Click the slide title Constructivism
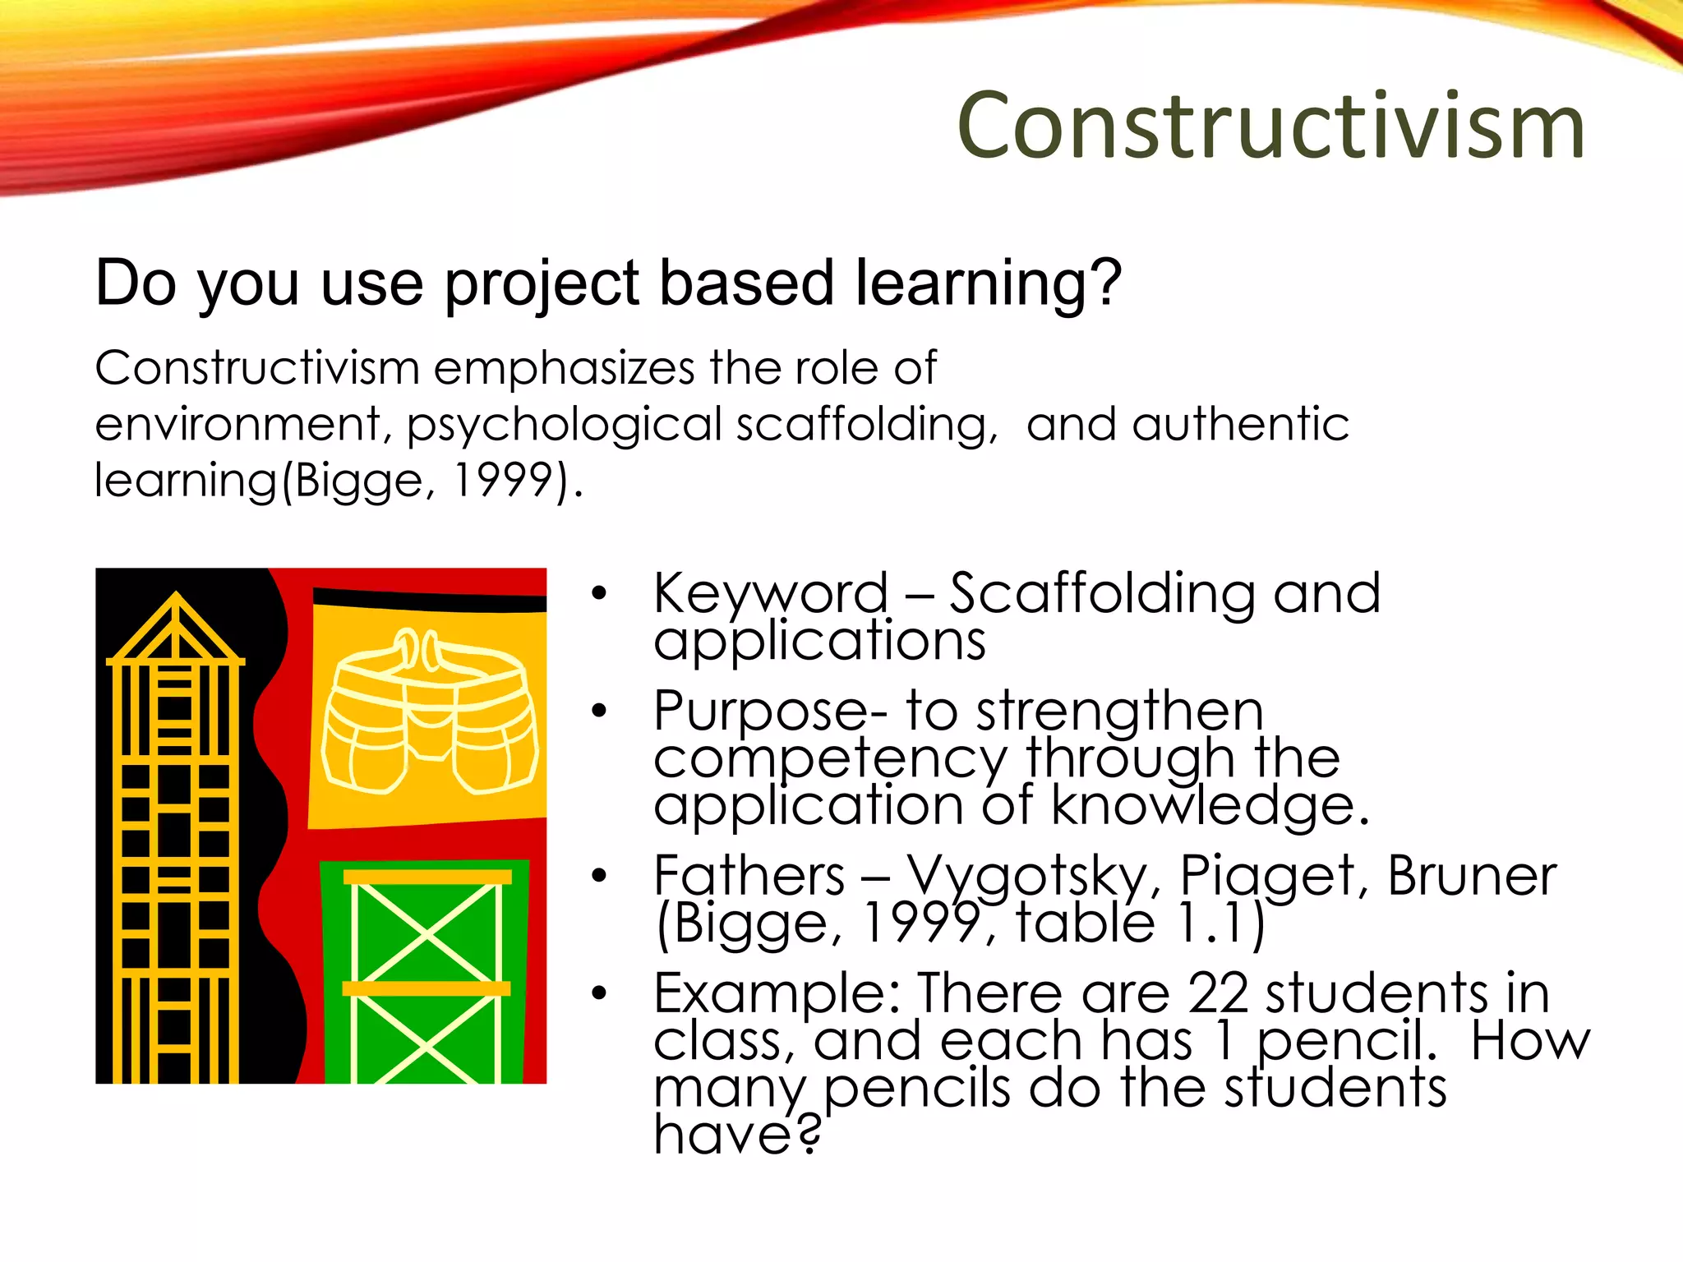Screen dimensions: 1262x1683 click(1270, 127)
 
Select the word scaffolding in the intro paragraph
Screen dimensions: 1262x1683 click(863, 425)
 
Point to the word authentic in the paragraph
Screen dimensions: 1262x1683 click(1240, 425)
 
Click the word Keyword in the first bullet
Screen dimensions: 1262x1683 click(771, 592)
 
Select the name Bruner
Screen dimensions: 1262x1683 click(1472, 875)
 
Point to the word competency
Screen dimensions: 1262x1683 click(830, 759)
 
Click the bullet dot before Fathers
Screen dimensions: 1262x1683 click(599, 876)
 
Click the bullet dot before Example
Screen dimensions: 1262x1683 click(599, 994)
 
